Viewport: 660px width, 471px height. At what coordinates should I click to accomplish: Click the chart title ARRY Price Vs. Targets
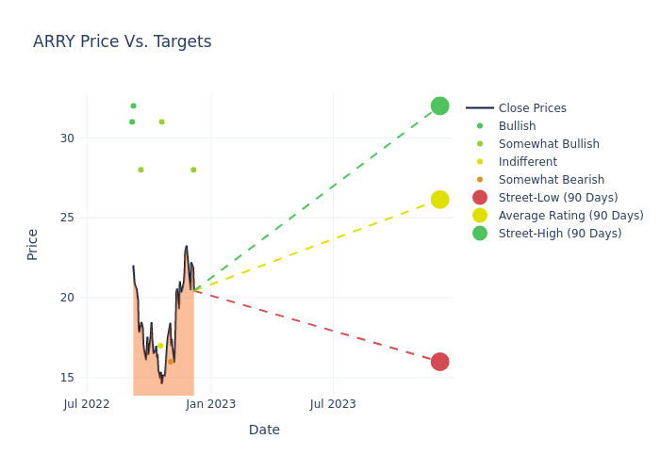click(122, 42)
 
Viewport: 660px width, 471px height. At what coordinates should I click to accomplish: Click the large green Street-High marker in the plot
click(439, 106)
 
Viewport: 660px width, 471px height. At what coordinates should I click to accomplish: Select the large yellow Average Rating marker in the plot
click(439, 200)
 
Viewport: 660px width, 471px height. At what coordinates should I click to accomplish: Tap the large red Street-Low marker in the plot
click(439, 362)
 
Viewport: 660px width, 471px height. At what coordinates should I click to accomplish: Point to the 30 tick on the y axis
click(67, 138)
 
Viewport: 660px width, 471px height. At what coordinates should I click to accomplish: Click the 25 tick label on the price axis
click(67, 218)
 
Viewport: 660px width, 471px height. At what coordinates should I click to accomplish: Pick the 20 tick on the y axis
click(67, 298)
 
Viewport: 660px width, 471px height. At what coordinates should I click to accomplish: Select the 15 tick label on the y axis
click(67, 378)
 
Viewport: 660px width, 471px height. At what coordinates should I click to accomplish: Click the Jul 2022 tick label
click(87, 404)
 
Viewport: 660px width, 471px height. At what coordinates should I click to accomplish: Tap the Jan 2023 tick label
click(210, 404)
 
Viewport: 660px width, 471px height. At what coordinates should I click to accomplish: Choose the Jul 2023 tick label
click(334, 404)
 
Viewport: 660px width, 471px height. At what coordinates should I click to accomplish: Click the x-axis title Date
click(264, 430)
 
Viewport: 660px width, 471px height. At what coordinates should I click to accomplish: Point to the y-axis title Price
click(33, 244)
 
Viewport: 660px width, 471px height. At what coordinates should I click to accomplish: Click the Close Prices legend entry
click(532, 108)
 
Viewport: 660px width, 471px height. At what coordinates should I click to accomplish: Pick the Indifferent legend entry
click(527, 162)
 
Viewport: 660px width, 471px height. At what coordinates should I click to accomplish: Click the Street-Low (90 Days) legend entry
click(557, 198)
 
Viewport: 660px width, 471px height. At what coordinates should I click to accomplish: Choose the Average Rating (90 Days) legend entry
click(570, 216)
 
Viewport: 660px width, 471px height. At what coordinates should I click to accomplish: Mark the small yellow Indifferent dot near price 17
click(160, 346)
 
